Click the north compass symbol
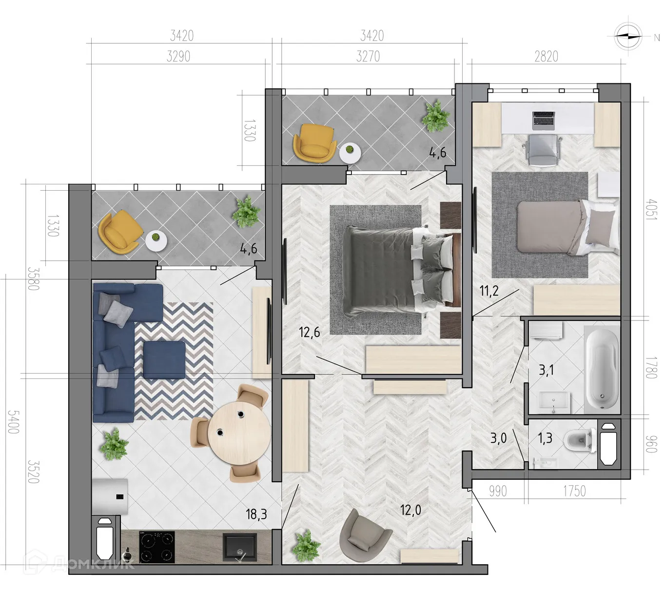click(x=627, y=36)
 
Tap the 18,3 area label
click(x=256, y=514)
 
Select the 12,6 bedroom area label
click(x=310, y=333)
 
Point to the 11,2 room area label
click(x=489, y=292)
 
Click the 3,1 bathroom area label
click(x=546, y=370)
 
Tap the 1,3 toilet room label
click(x=545, y=438)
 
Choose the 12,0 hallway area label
click(x=411, y=511)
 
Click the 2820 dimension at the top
click(x=546, y=57)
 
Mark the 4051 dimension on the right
click(x=651, y=209)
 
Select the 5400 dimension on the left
click(x=13, y=422)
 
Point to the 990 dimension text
click(x=498, y=491)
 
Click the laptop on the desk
click(x=544, y=120)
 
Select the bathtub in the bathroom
click(x=602, y=369)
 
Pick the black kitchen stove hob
click(x=157, y=547)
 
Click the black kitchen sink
click(x=239, y=547)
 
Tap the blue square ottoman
click(x=164, y=360)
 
